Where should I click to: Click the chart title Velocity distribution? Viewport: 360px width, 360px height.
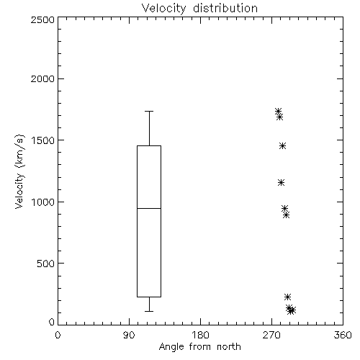[199, 8]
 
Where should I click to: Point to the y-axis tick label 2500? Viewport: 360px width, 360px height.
[42, 19]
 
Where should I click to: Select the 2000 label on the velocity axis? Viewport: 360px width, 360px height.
[42, 79]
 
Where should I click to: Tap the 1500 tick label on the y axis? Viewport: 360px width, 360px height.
[43, 140]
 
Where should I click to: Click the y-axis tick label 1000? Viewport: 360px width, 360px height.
[43, 202]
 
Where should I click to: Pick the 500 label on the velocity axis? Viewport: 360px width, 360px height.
[46, 264]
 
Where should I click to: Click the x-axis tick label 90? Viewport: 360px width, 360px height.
[129, 335]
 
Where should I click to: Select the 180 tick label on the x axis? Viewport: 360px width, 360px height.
[200, 335]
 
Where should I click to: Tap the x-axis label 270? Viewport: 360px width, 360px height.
[271, 335]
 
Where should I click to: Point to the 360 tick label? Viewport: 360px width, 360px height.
[343, 335]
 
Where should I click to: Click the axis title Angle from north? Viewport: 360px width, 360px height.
[200, 346]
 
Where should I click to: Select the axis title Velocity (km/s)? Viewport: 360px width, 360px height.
[19, 171]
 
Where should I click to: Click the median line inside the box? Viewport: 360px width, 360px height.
[149, 208]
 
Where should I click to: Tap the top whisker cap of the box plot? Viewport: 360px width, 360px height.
[149, 111]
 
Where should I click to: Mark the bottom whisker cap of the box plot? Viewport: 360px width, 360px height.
[149, 311]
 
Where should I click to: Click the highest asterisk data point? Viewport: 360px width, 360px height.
[278, 111]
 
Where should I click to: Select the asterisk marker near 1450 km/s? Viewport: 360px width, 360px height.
[283, 145]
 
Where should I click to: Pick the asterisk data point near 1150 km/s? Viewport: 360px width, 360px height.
[282, 183]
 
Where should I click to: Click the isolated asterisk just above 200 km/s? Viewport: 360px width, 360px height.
[287, 297]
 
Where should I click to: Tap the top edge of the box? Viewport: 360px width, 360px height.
[149, 145]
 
